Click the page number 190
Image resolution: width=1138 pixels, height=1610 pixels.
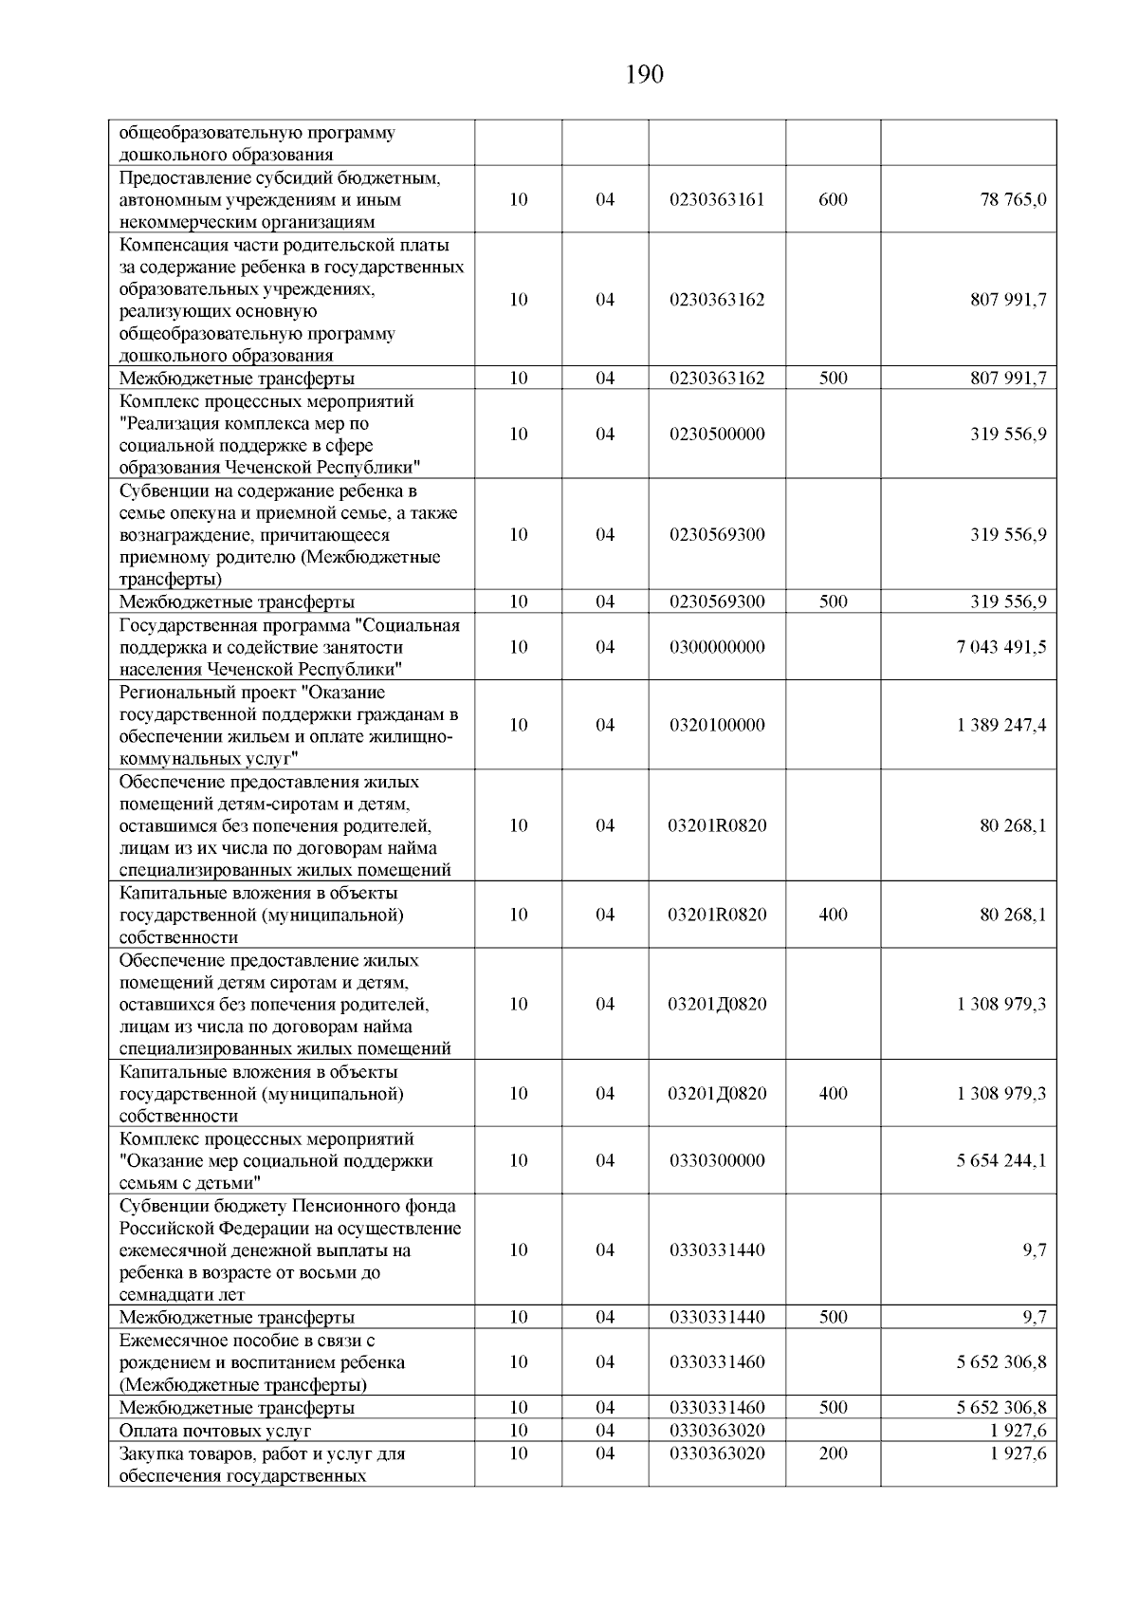pyautogui.click(x=645, y=74)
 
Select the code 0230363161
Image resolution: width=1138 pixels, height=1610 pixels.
pyautogui.click(x=717, y=200)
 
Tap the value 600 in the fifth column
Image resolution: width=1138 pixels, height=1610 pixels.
pyautogui.click(x=833, y=200)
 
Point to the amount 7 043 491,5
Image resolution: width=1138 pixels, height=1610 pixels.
pyautogui.click(x=1002, y=647)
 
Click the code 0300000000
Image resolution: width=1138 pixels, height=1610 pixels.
pyautogui.click(x=717, y=647)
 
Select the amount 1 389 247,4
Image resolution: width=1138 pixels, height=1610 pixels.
pyautogui.click(x=1002, y=725)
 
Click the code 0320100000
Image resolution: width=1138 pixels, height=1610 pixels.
pyautogui.click(x=717, y=725)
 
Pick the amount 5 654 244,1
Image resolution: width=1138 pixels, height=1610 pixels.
pyautogui.click(x=1002, y=1160)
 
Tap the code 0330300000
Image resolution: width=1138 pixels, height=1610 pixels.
pyautogui.click(x=717, y=1160)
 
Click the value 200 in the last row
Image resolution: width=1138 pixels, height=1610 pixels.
pyautogui.click(x=833, y=1453)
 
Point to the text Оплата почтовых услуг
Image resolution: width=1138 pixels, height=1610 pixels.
pyautogui.click(x=215, y=1431)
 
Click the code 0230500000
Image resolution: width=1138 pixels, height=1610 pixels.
pyautogui.click(x=717, y=435)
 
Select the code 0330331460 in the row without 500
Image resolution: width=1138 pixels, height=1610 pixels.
pyautogui.click(x=717, y=1362)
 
